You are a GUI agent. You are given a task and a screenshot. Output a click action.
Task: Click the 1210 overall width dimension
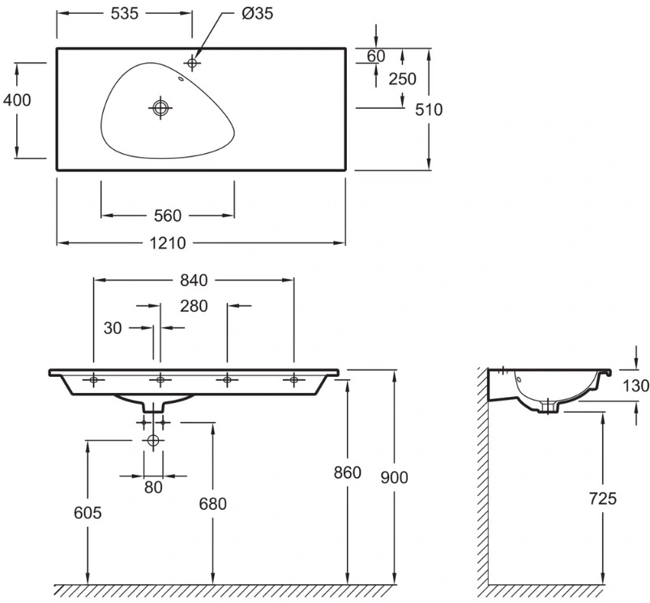(168, 243)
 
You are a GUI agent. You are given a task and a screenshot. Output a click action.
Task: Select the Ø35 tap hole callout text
(257, 14)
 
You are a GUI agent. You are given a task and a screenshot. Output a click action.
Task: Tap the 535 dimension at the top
(124, 14)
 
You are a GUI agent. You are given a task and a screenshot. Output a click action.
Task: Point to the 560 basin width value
(168, 216)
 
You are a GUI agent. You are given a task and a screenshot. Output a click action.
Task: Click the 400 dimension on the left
(17, 100)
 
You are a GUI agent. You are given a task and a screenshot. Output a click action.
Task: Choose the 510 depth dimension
(429, 109)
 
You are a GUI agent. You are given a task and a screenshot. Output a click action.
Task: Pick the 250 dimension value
(402, 79)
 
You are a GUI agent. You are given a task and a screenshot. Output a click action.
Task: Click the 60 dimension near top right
(376, 56)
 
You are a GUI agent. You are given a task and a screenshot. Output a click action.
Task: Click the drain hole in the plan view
(160, 108)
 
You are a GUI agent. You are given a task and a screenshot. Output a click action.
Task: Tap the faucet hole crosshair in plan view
(192, 63)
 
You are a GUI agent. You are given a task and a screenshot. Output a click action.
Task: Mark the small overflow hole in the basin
(181, 79)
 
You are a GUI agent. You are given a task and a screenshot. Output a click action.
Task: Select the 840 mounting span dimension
(194, 280)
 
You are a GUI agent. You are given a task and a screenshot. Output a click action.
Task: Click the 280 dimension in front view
(194, 306)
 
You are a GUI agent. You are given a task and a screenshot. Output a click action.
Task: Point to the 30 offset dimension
(113, 328)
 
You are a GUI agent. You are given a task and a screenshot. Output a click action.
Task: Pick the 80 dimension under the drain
(153, 487)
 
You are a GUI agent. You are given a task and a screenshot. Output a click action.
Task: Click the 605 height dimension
(88, 513)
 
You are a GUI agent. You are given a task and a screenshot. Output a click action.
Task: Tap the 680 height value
(212, 504)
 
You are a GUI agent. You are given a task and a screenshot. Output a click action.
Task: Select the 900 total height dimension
(394, 478)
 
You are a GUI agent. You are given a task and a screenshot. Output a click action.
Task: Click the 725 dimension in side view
(603, 498)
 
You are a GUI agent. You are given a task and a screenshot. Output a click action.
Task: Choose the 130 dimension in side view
(636, 386)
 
